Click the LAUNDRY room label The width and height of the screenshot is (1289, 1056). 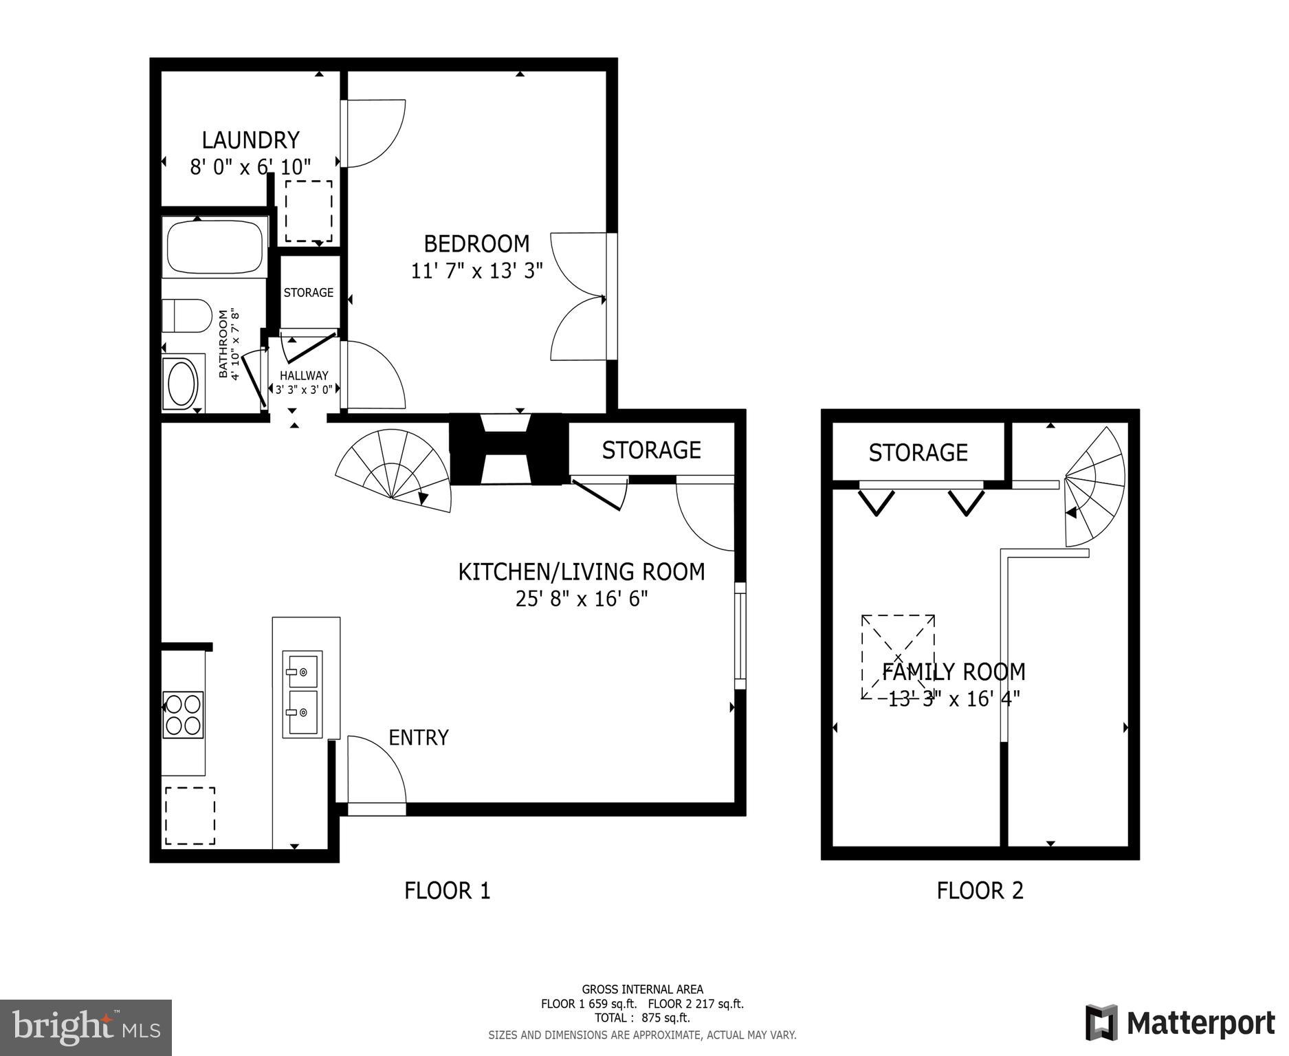pyautogui.click(x=250, y=140)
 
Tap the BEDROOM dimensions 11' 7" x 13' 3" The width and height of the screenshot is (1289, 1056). pyautogui.click(x=477, y=271)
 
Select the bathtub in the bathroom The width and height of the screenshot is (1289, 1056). pyautogui.click(x=214, y=247)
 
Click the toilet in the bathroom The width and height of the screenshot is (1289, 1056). pyautogui.click(x=186, y=316)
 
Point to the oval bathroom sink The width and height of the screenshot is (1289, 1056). pyautogui.click(x=183, y=383)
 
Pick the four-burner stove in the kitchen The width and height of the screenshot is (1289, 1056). pyautogui.click(x=183, y=715)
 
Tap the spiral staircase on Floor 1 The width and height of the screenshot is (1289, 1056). pyautogui.click(x=395, y=472)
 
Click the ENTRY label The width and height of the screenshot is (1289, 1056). pyautogui.click(x=418, y=738)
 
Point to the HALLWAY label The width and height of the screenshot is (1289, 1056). pyautogui.click(x=304, y=375)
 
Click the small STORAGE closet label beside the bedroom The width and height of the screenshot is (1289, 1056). pyautogui.click(x=308, y=292)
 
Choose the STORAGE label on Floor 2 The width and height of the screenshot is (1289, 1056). pyautogui.click(x=918, y=452)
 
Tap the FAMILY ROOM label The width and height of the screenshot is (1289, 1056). pyautogui.click(x=954, y=671)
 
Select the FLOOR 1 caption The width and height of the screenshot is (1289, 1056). pyautogui.click(x=447, y=891)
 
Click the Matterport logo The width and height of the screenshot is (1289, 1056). pyautogui.click(x=1180, y=1023)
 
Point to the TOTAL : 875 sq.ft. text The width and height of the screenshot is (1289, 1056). pyautogui.click(x=642, y=1018)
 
